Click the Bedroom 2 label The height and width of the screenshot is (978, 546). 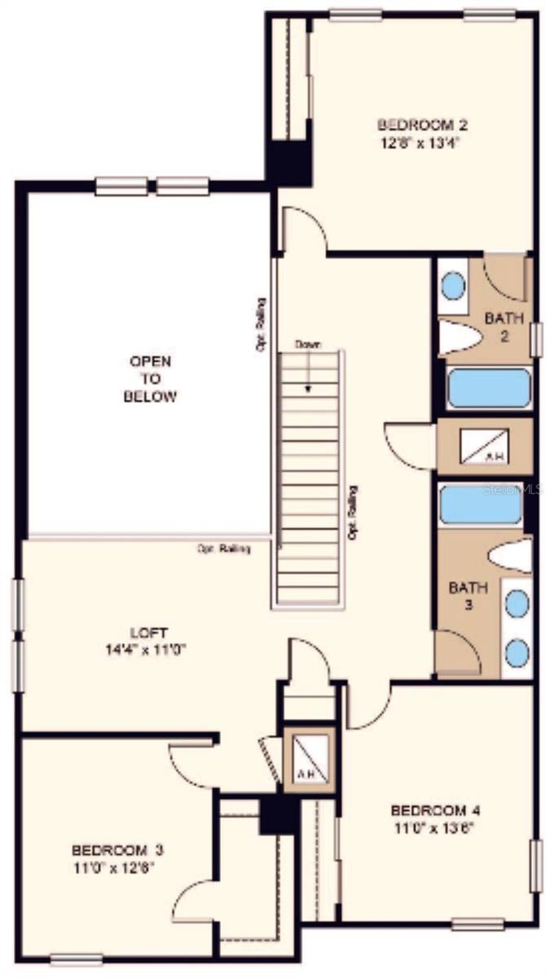(x=421, y=125)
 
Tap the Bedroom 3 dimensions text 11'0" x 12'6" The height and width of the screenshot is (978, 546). (x=113, y=866)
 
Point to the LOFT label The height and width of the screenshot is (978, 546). (x=149, y=632)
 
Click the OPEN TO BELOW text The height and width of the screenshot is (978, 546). (x=150, y=379)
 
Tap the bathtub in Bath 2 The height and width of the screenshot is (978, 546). (x=488, y=388)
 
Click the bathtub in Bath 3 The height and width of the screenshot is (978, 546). (x=480, y=505)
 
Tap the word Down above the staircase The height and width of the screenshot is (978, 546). (x=308, y=345)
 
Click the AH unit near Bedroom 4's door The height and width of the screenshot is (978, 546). (x=309, y=759)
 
